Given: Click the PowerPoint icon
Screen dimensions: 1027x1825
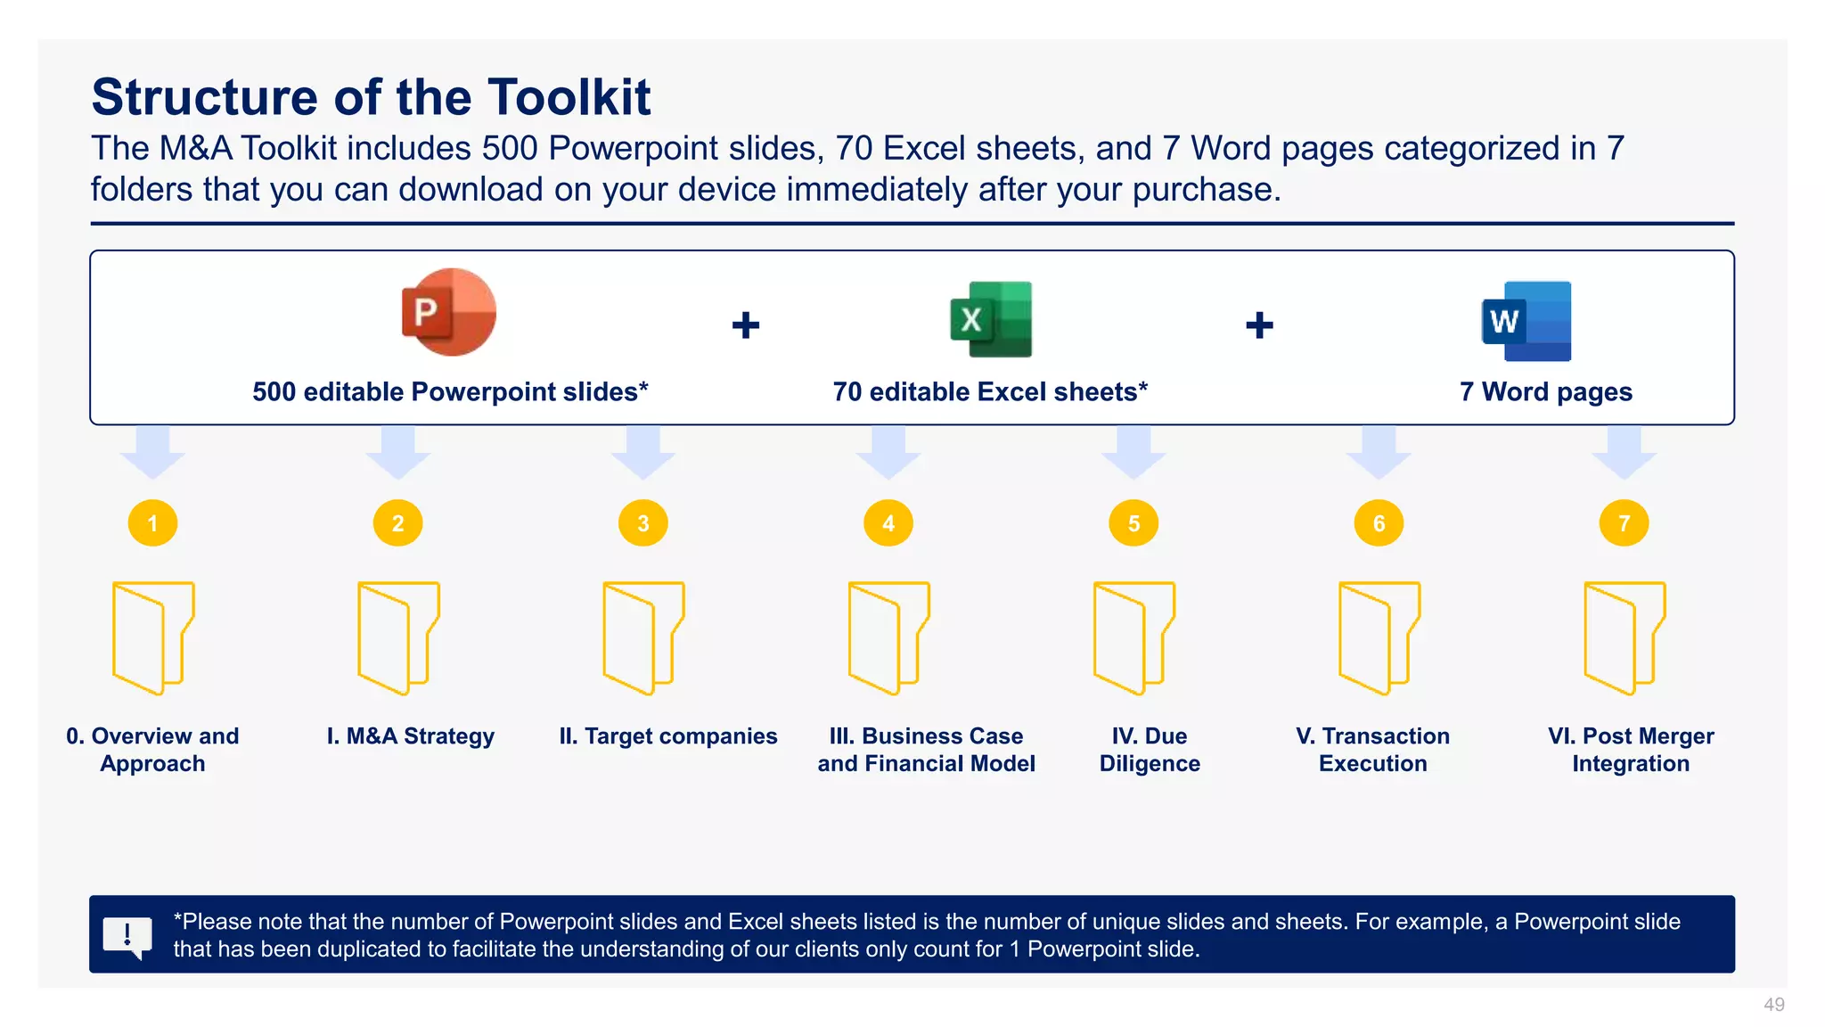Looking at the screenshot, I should [448, 313].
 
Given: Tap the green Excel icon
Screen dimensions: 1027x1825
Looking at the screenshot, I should [991, 319].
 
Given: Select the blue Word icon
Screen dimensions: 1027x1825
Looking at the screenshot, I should [1526, 321].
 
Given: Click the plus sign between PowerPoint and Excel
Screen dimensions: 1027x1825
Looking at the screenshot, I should [746, 325].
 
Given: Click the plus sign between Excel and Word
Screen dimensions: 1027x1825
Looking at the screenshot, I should [1259, 325].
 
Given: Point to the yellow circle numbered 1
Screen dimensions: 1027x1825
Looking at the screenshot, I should [152, 523].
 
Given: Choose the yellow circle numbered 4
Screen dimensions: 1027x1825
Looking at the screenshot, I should [888, 523].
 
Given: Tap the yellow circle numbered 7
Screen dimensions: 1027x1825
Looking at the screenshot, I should [1624, 523].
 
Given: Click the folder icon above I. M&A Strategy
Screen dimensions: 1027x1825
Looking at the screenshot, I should [397, 637].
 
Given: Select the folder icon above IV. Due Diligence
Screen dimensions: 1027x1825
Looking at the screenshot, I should [1133, 637].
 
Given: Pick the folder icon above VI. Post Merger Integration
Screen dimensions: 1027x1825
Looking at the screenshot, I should [1624, 637].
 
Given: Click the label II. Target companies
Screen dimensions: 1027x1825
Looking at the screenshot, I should [668, 736].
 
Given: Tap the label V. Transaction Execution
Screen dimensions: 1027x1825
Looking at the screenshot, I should [1372, 750].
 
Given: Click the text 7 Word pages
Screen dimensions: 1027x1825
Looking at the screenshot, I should [1545, 392].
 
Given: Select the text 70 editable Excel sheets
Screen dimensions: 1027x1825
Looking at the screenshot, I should [989, 392].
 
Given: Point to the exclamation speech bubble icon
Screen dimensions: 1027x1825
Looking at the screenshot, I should [127, 936].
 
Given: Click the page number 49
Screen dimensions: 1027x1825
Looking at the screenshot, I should [1773, 1005].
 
